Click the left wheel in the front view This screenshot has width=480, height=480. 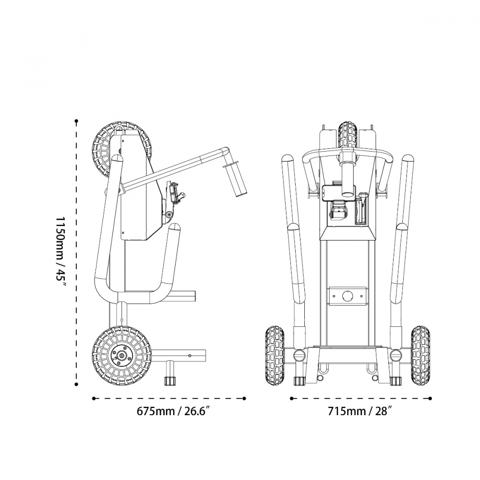[275, 355]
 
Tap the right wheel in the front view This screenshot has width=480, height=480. [420, 355]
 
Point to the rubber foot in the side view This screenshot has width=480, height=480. [169, 381]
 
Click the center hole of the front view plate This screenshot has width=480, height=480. [347, 296]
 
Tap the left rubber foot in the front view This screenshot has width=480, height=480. [299, 381]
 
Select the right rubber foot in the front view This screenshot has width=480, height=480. [396, 381]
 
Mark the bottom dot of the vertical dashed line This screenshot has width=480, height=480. [77, 384]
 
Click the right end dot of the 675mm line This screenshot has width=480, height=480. [245, 398]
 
